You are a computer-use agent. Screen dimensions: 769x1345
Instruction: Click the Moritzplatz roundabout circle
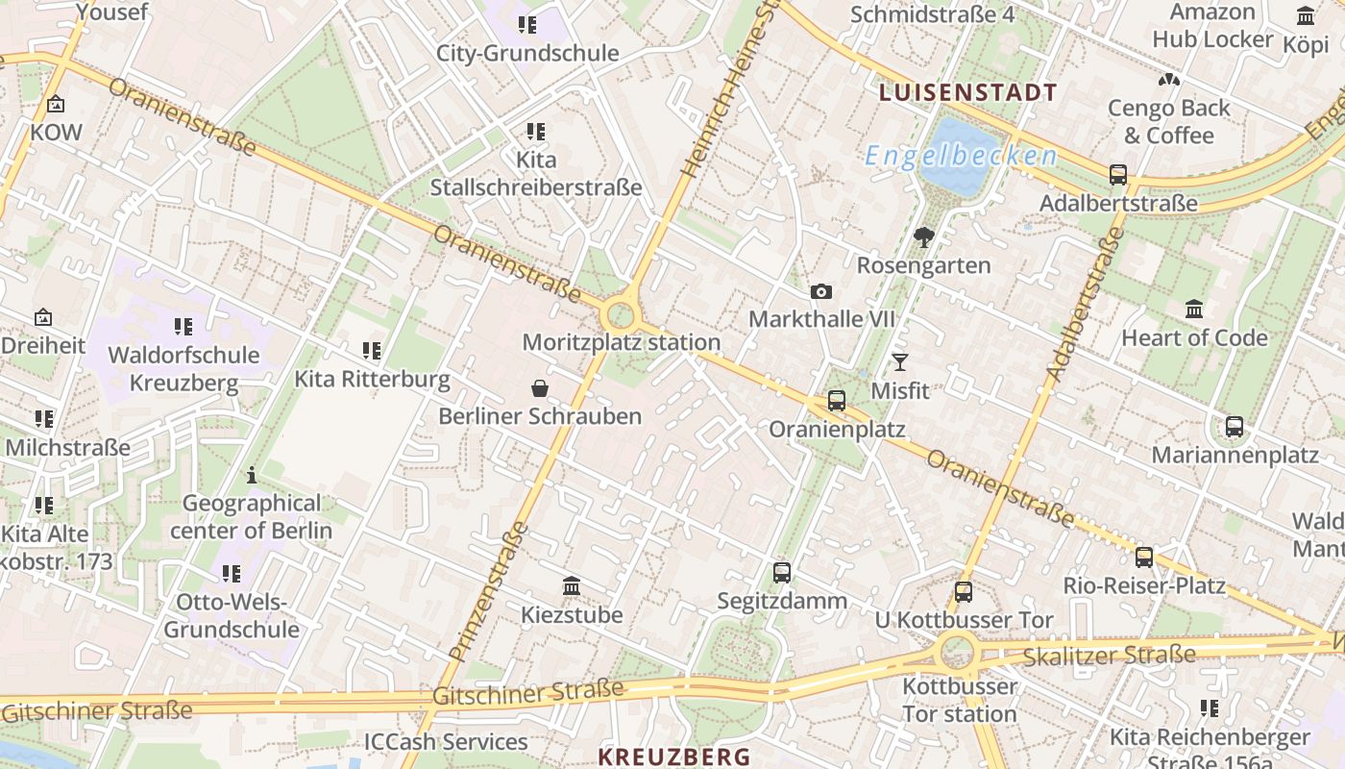click(621, 314)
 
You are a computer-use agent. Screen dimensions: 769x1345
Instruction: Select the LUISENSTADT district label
click(967, 93)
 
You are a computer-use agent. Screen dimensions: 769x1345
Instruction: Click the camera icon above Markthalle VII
click(821, 292)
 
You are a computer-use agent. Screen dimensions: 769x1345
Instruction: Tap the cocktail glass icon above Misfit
click(899, 362)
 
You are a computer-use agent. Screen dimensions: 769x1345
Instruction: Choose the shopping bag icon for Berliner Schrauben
click(540, 388)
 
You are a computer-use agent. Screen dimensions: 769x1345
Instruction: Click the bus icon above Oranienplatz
click(837, 401)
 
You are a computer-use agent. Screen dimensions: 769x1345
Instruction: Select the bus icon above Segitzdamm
click(782, 573)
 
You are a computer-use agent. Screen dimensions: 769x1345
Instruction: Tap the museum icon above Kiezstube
click(572, 585)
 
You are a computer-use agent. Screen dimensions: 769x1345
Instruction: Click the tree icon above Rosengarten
click(924, 236)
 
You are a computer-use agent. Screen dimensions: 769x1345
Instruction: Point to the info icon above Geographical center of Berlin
click(252, 475)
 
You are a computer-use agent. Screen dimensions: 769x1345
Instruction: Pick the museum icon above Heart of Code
click(1194, 309)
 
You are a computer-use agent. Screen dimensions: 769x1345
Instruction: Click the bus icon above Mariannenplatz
click(1235, 427)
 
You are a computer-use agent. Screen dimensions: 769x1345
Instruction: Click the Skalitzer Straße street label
click(1109, 657)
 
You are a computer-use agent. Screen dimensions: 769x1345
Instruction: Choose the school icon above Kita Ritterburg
click(372, 351)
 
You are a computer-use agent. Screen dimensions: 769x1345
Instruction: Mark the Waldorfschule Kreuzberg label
click(183, 368)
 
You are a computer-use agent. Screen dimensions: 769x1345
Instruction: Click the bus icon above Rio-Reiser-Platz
click(1143, 557)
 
